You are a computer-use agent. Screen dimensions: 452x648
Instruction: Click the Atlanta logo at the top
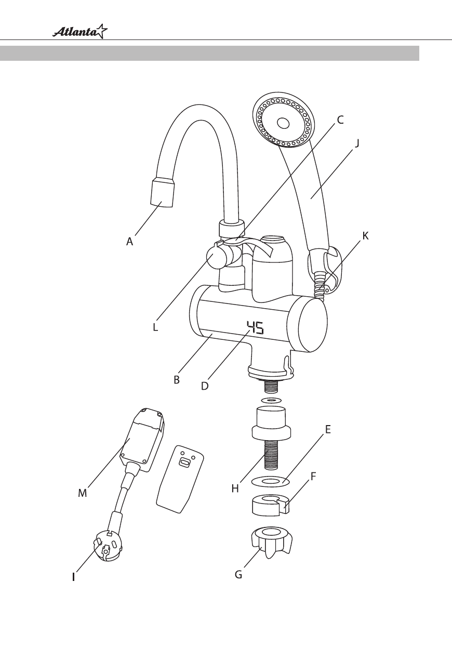tap(80, 32)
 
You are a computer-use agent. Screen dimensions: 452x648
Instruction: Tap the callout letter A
tap(129, 241)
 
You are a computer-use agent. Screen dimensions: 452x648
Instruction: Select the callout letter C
tap(340, 120)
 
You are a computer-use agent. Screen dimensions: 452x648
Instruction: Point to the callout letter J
tap(357, 143)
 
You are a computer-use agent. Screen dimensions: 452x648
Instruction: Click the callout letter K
tap(366, 236)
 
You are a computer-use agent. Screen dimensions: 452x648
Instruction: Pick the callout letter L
tap(155, 327)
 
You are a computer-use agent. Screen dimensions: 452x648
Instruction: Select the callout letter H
tap(235, 488)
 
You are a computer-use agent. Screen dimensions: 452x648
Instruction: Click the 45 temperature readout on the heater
tap(255, 327)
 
